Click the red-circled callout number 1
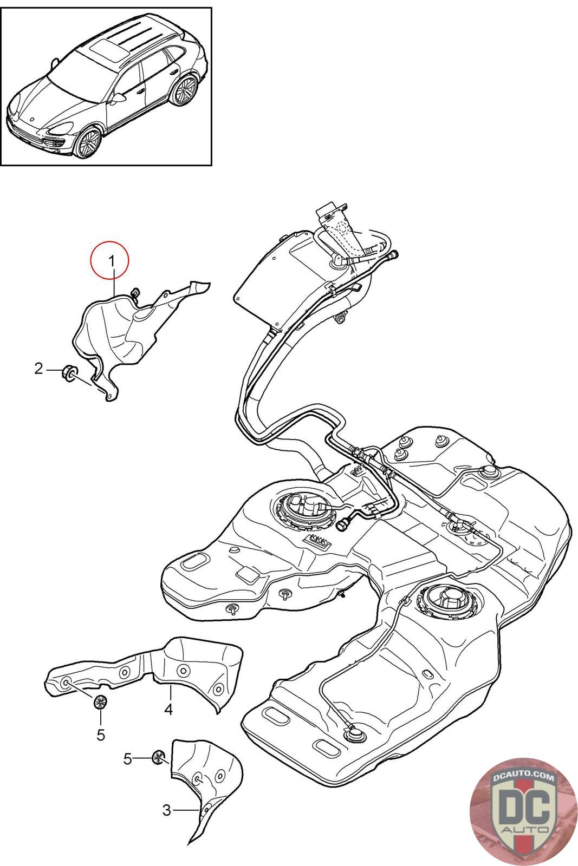(112, 261)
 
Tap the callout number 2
(38, 369)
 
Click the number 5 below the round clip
(101, 735)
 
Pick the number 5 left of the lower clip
(128, 759)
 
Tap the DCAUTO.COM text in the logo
(523, 776)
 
